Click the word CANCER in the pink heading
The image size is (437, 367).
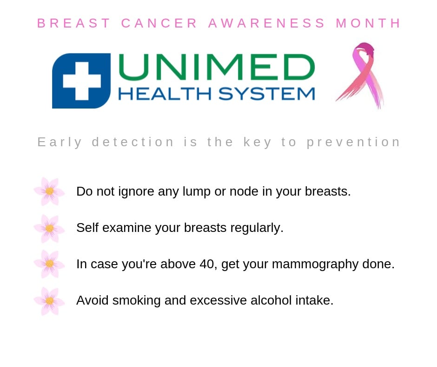coord(159,23)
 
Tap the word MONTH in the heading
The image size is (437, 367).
coord(368,23)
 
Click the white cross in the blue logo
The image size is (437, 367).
coord(82,81)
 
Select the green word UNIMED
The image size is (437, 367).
coord(217,67)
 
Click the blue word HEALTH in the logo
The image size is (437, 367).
coord(165,94)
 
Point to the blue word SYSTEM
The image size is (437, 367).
coord(267,94)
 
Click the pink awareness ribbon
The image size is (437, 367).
coord(361,75)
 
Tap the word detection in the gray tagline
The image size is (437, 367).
coord(133,142)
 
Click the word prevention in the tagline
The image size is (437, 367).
coord(353,143)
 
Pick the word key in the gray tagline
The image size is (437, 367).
coord(257,143)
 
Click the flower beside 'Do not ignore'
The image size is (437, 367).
coord(49,191)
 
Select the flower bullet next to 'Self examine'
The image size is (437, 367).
coord(49,228)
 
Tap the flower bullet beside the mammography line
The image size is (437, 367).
coord(49,264)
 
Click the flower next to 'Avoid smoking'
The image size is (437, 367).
coord(49,301)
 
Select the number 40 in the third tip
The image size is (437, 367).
coord(207,264)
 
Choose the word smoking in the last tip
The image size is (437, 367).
coord(136,301)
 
